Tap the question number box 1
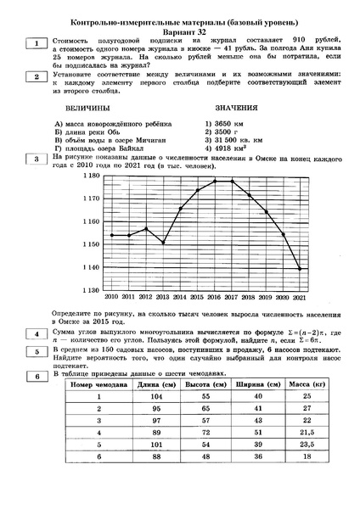pyautogui.click(x=37, y=42)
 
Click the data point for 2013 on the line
pyautogui.click(x=163, y=243)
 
